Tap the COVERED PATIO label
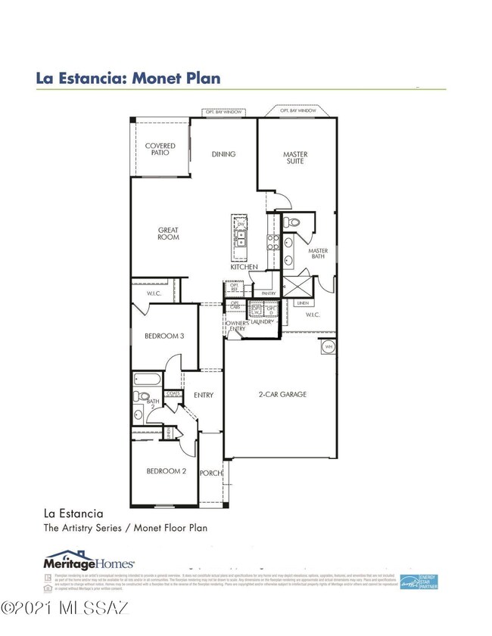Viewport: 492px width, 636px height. point(160,149)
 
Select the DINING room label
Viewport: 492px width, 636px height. point(223,154)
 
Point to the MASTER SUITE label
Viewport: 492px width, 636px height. point(295,157)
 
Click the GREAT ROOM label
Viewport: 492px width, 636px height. point(168,234)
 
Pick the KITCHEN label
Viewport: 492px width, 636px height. point(244,267)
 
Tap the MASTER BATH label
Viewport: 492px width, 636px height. point(318,254)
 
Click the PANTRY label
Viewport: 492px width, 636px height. point(266,293)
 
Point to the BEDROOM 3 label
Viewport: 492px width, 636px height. point(164,336)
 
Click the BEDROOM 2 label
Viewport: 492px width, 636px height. point(166,470)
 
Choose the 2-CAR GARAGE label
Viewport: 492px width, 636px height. point(281,395)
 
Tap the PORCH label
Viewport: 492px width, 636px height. point(210,473)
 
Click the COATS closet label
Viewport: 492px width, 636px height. point(173,393)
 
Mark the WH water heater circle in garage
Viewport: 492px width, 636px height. point(329,346)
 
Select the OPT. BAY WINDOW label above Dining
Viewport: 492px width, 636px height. point(223,112)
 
